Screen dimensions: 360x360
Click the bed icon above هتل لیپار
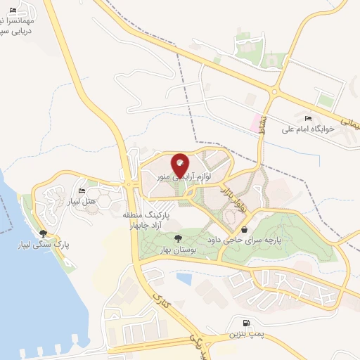click(x=82, y=191)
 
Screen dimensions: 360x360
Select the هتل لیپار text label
click(x=82, y=202)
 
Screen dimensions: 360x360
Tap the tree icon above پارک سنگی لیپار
click(x=44, y=233)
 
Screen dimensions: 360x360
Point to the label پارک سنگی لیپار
click(x=44, y=245)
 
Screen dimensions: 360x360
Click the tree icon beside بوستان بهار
click(x=177, y=238)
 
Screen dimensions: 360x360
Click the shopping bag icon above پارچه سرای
click(x=244, y=229)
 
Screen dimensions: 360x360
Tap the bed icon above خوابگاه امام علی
click(x=309, y=117)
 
